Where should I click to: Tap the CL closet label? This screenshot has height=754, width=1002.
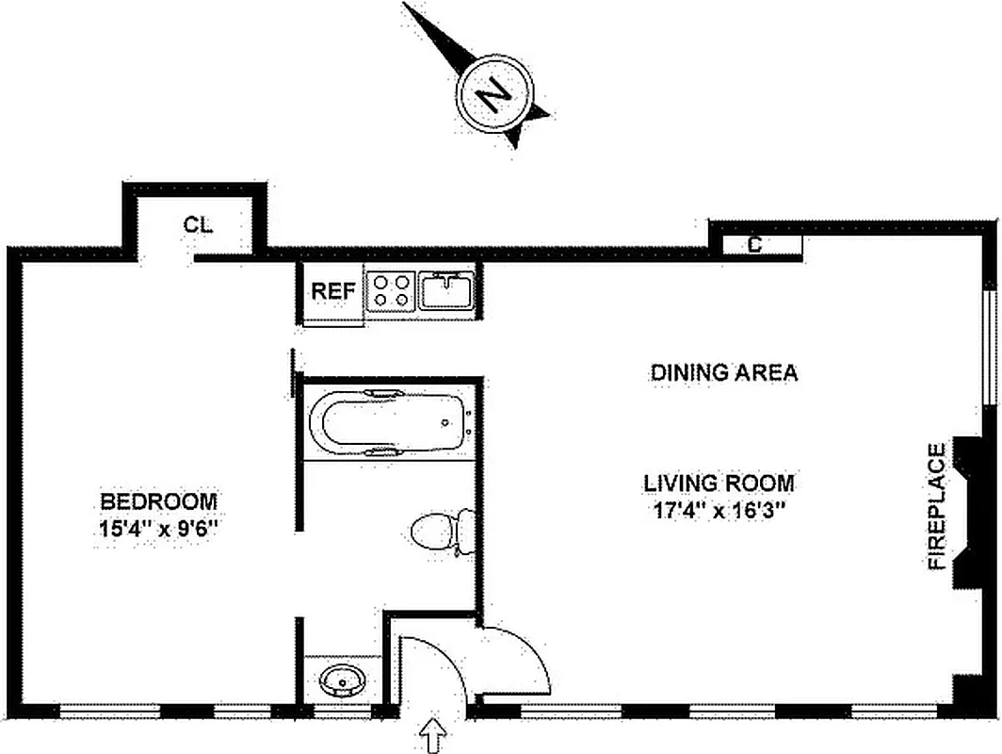[198, 224]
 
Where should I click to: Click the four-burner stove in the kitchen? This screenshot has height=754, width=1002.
[391, 290]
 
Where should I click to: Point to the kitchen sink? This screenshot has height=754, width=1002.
[447, 290]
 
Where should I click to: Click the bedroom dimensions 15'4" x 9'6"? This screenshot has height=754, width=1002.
[159, 529]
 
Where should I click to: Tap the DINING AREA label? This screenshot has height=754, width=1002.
[724, 372]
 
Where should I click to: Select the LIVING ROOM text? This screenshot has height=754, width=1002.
[719, 484]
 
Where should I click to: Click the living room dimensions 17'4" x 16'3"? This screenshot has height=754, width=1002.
[719, 512]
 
